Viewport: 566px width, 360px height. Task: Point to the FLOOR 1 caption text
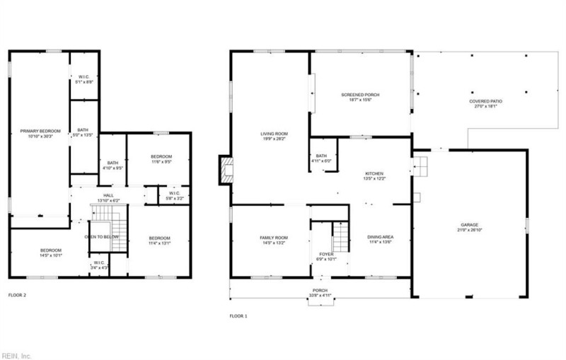[238, 315]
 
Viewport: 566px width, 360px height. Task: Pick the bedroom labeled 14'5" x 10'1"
[51, 253]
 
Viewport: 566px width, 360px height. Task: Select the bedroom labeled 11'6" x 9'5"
[161, 159]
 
